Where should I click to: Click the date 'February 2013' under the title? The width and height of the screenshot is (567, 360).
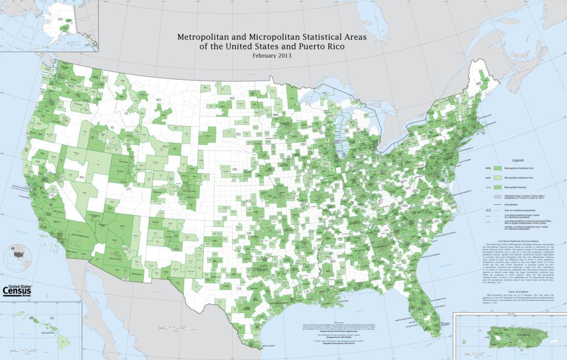tap(271, 56)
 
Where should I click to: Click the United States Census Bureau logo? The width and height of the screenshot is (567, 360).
tap(17, 289)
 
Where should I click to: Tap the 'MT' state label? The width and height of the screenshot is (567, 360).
tap(158, 99)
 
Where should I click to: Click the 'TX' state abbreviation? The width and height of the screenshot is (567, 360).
tap(239, 289)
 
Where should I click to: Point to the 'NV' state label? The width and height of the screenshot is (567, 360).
tap(82, 178)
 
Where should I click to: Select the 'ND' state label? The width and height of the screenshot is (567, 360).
tap(232, 99)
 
